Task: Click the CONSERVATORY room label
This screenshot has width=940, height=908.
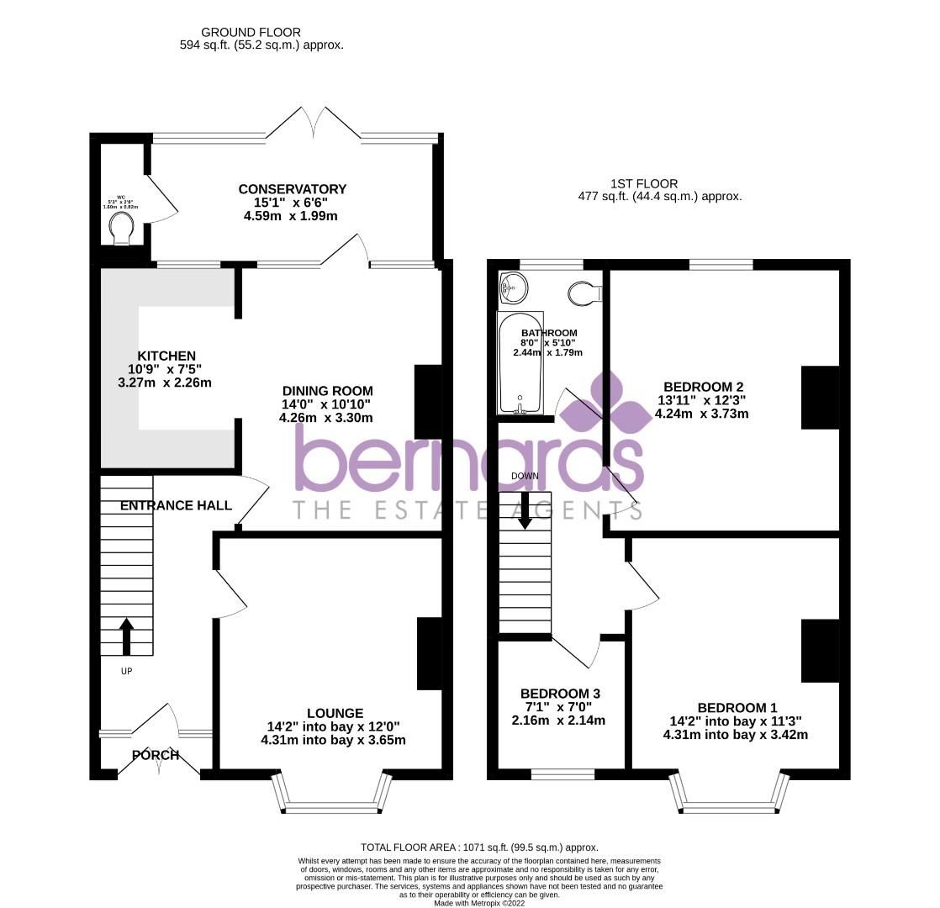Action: coord(292,189)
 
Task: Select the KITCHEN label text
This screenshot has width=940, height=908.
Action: coord(166,356)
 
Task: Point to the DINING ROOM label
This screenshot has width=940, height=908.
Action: coord(327,391)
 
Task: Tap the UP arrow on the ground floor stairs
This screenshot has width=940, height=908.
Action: coord(126,636)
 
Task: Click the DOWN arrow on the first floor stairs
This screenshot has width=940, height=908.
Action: coord(525,510)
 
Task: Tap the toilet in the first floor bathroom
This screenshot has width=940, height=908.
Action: coord(585,293)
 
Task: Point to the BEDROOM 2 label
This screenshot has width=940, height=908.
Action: coord(703,388)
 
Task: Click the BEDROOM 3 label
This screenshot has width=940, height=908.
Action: coord(560,694)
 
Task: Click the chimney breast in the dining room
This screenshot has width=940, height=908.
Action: coord(428,401)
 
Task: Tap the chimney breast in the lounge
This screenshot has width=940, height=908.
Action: coord(429,653)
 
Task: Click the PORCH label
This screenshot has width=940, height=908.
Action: coord(156,755)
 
